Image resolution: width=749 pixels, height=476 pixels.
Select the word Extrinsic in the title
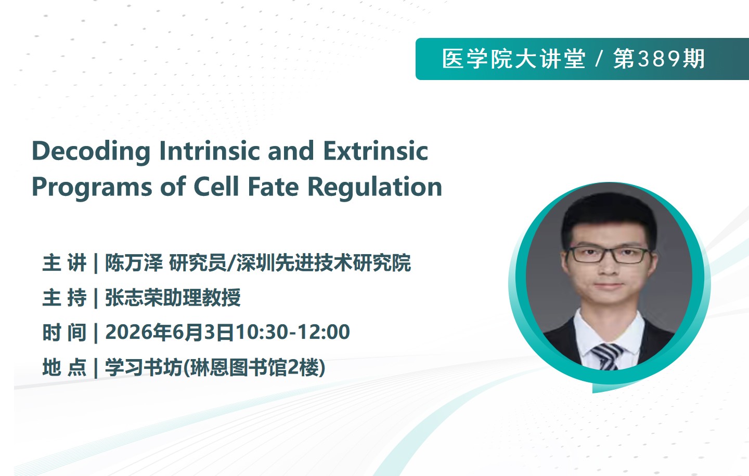376,151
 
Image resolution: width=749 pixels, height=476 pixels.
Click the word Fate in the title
273,187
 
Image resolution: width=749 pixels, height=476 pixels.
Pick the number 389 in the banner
658,59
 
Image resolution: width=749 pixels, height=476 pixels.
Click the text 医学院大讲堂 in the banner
513,59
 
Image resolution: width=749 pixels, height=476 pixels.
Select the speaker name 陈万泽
134,263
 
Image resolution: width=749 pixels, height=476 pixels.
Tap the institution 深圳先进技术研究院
324,263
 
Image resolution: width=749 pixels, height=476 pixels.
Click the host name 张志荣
134,298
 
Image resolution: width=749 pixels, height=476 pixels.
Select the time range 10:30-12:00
293,333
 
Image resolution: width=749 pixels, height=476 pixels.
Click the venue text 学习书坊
144,367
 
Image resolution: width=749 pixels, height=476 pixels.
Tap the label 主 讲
64,263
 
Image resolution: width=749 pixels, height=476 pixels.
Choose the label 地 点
64,367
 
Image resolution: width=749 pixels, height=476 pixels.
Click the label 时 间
64,333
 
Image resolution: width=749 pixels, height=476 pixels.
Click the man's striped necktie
606,356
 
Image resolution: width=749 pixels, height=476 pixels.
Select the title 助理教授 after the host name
202,298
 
